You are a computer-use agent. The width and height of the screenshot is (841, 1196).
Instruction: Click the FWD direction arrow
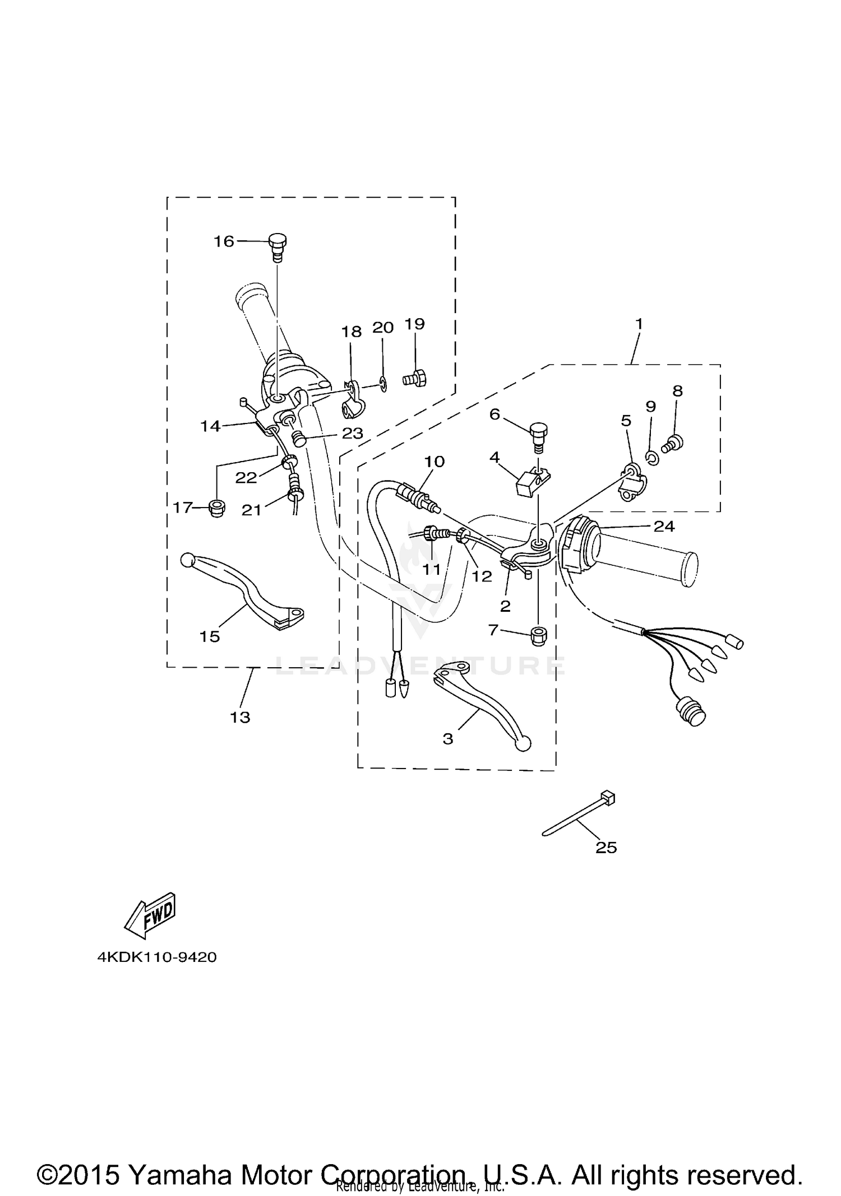coord(150,915)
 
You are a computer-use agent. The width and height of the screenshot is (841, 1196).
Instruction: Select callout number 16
coord(223,241)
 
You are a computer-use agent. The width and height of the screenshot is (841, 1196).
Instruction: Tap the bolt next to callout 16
coord(277,246)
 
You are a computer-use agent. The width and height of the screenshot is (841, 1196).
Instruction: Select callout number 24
coord(664,527)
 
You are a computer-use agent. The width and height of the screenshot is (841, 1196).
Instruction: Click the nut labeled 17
coord(217,508)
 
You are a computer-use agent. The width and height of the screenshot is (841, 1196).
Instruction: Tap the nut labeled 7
coord(538,636)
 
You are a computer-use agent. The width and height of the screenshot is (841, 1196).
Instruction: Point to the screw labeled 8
coord(672,445)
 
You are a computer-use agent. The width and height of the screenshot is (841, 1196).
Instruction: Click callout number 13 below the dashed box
coord(240,717)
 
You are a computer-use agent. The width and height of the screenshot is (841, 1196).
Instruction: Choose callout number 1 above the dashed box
coord(639,324)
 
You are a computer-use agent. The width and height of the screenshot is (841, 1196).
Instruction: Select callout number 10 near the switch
coord(434,462)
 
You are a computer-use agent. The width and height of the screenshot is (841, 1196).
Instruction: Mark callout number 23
coord(353,433)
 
